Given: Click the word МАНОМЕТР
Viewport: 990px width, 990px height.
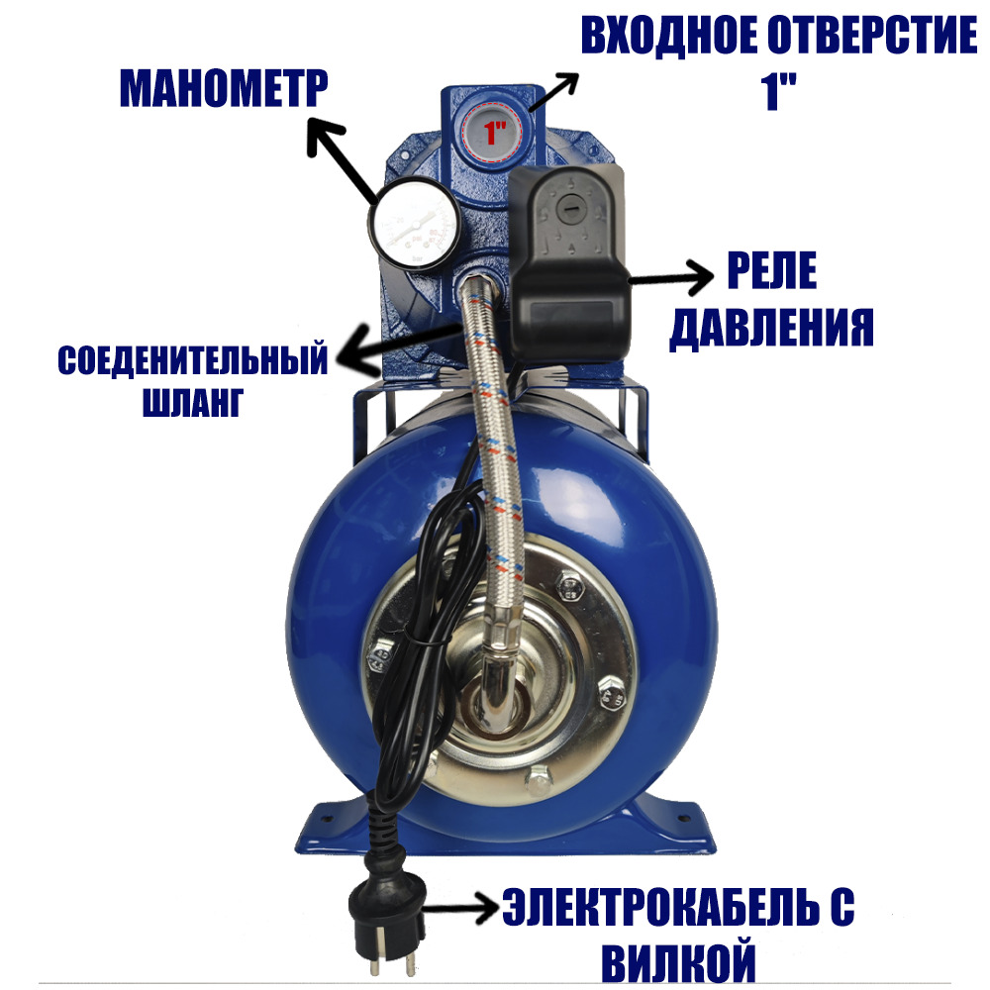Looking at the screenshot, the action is pyautogui.click(x=224, y=89).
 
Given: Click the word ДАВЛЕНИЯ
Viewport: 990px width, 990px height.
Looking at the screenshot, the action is pyautogui.click(x=771, y=327).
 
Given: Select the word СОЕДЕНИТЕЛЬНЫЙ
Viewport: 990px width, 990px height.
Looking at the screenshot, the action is pyautogui.click(x=193, y=360).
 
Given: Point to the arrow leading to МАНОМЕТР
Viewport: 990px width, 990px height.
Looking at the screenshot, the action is pyautogui.click(x=343, y=159).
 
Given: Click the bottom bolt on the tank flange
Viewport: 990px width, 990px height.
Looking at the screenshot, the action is pyautogui.click(x=538, y=782).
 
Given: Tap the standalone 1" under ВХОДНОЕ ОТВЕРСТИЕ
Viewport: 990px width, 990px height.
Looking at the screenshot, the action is pyautogui.click(x=778, y=91).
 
